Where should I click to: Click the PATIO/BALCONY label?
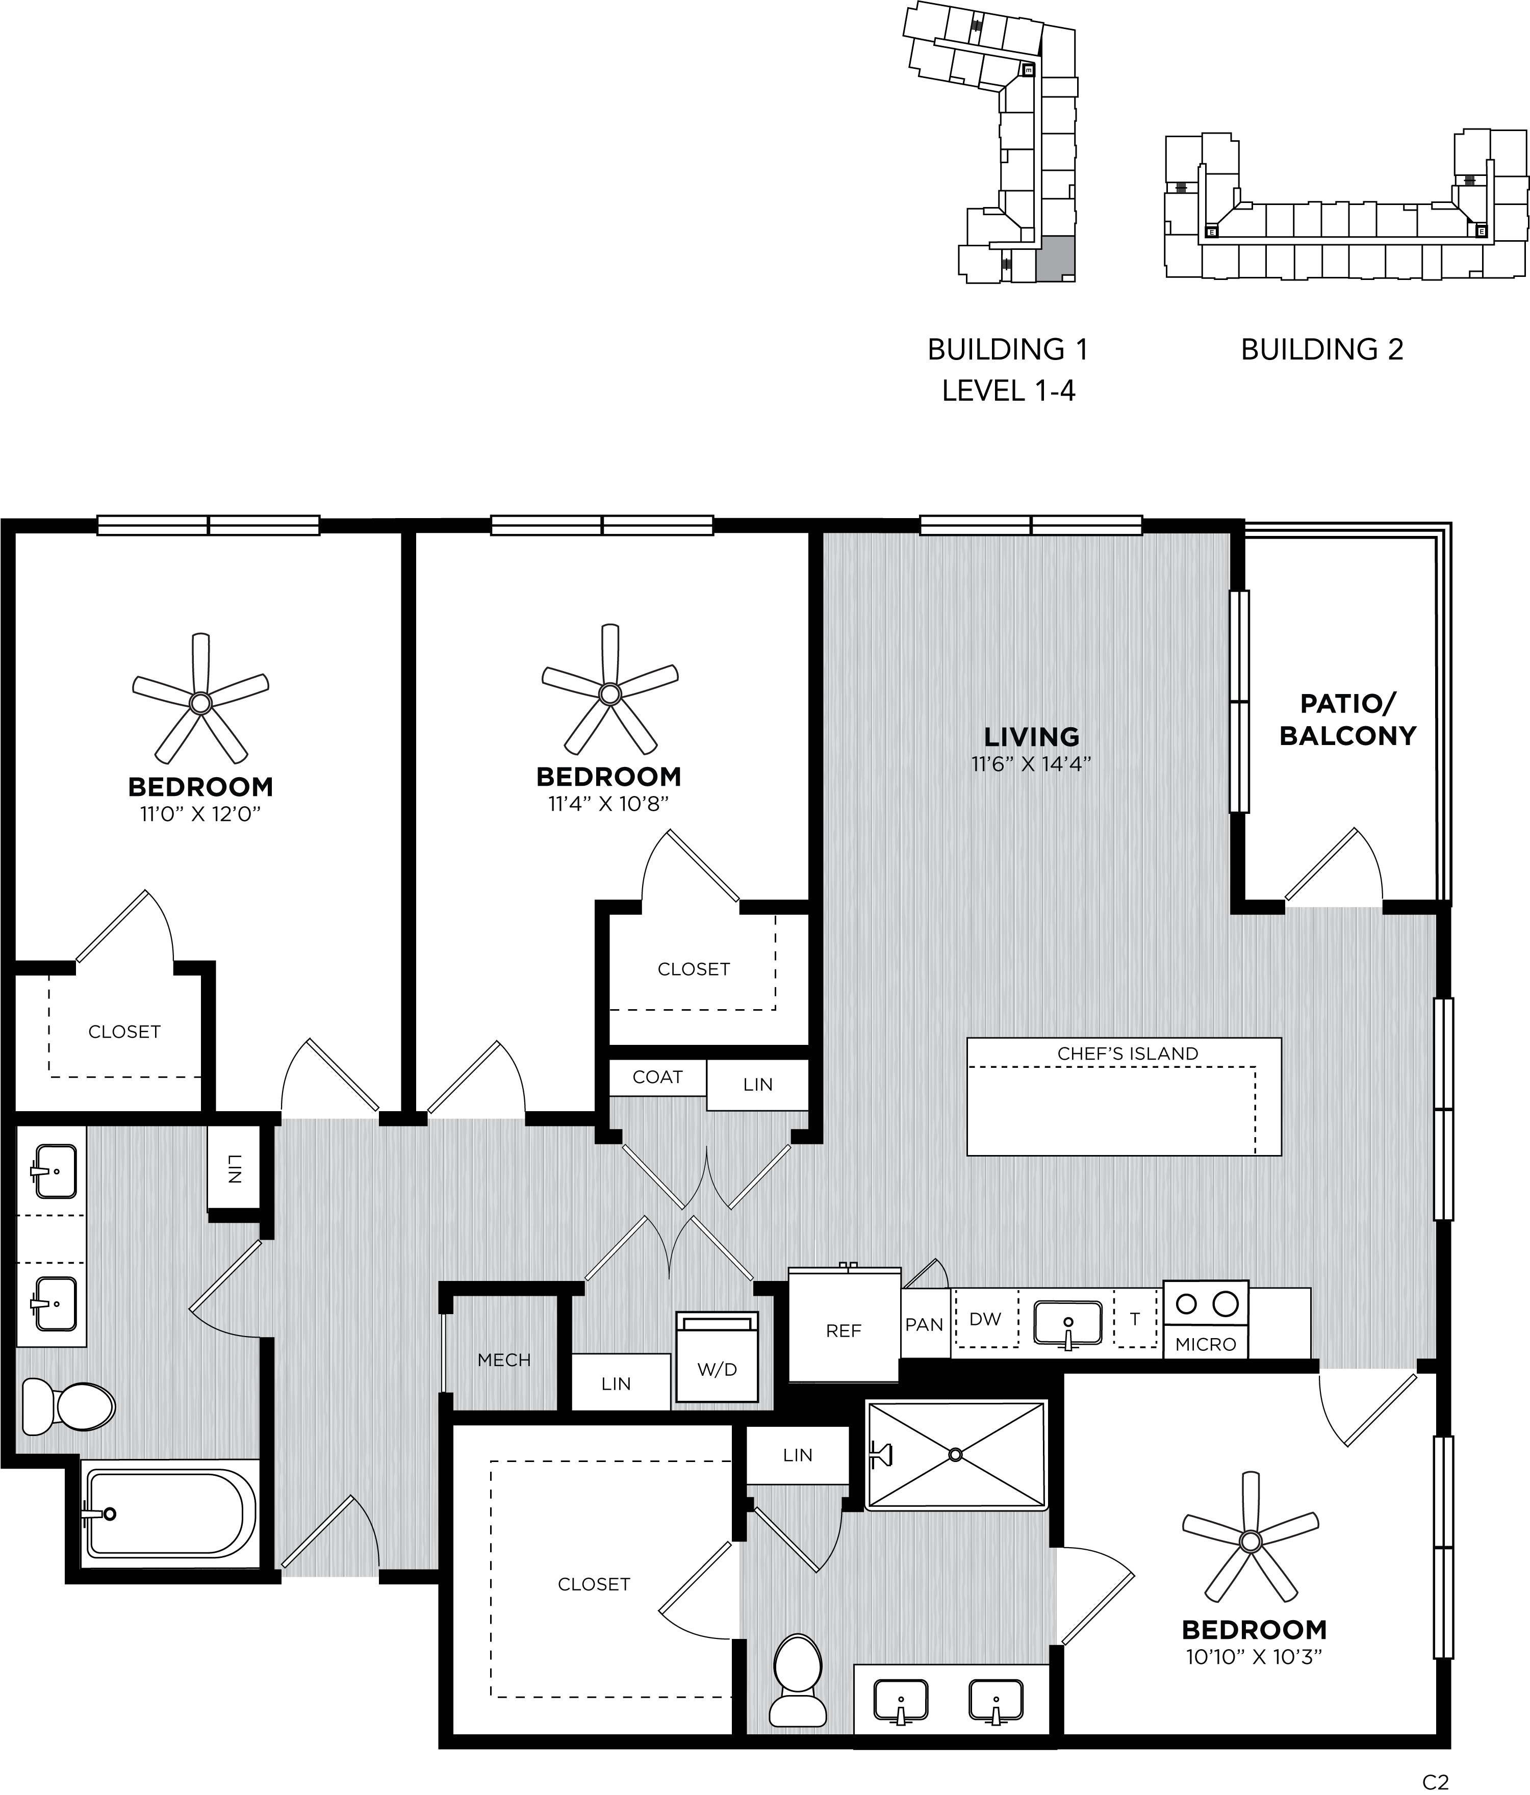point(1347,719)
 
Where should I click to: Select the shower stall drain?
point(956,1454)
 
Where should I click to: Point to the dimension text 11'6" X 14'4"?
point(1031,764)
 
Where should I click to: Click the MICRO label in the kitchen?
point(1206,1344)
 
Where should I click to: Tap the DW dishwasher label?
point(985,1319)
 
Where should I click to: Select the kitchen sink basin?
point(1068,1322)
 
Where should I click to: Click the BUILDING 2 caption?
point(1321,349)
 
